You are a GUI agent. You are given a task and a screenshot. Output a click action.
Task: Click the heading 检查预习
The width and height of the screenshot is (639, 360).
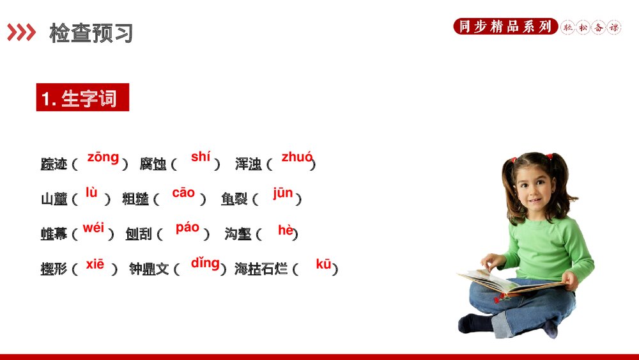(91, 33)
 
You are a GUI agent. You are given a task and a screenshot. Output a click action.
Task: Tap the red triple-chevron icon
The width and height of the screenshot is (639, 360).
(22, 33)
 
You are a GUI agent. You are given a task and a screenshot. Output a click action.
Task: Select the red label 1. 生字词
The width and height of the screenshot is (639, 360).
(82, 98)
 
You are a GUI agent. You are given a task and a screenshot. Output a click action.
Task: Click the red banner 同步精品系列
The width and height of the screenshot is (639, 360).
(505, 27)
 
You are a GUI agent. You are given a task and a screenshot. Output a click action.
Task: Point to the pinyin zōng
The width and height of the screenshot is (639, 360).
(103, 157)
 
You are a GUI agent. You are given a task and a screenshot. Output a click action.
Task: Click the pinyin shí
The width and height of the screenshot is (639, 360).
(201, 157)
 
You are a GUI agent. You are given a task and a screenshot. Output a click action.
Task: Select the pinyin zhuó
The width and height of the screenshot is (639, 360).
(297, 157)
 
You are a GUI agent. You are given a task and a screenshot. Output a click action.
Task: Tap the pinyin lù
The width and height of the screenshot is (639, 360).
(91, 192)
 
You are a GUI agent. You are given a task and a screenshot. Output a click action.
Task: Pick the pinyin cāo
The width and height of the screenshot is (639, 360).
(183, 193)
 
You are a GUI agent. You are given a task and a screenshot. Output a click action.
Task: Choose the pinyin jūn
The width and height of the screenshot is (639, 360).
(282, 193)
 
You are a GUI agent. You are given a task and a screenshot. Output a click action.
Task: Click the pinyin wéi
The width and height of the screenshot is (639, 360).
(93, 228)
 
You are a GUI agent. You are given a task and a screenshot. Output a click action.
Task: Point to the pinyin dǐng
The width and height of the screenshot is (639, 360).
(205, 263)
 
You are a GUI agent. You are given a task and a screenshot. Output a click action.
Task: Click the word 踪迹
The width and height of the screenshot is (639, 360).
(54, 164)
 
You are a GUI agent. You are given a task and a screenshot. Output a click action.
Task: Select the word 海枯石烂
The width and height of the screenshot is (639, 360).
(261, 269)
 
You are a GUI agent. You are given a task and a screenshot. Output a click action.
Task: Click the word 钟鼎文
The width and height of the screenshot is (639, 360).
(149, 269)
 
